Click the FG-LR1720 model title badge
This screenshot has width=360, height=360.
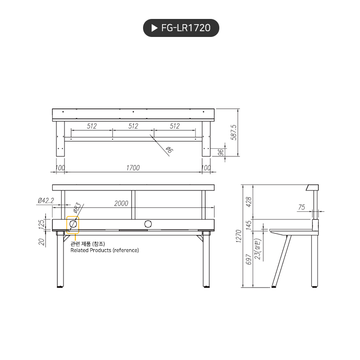(181, 28)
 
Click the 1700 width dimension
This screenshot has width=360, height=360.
(133, 168)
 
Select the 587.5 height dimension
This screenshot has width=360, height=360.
(233, 133)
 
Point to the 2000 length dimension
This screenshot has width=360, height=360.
(121, 203)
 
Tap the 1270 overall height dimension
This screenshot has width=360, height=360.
(239, 235)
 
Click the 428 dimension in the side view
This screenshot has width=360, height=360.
(249, 202)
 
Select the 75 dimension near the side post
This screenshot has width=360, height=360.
(302, 207)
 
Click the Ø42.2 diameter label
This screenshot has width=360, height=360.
(45, 201)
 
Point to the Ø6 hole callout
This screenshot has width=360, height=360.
(169, 150)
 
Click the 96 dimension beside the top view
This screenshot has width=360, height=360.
(220, 152)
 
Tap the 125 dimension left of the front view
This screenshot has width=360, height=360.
(41, 224)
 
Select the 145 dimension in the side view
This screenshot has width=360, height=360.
(249, 224)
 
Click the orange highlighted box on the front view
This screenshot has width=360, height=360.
(72, 225)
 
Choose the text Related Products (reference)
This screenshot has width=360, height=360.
(105, 250)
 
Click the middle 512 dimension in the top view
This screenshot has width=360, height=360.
(133, 126)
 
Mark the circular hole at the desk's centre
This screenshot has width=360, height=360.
(148, 224)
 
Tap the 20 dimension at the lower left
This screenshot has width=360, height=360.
(41, 242)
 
